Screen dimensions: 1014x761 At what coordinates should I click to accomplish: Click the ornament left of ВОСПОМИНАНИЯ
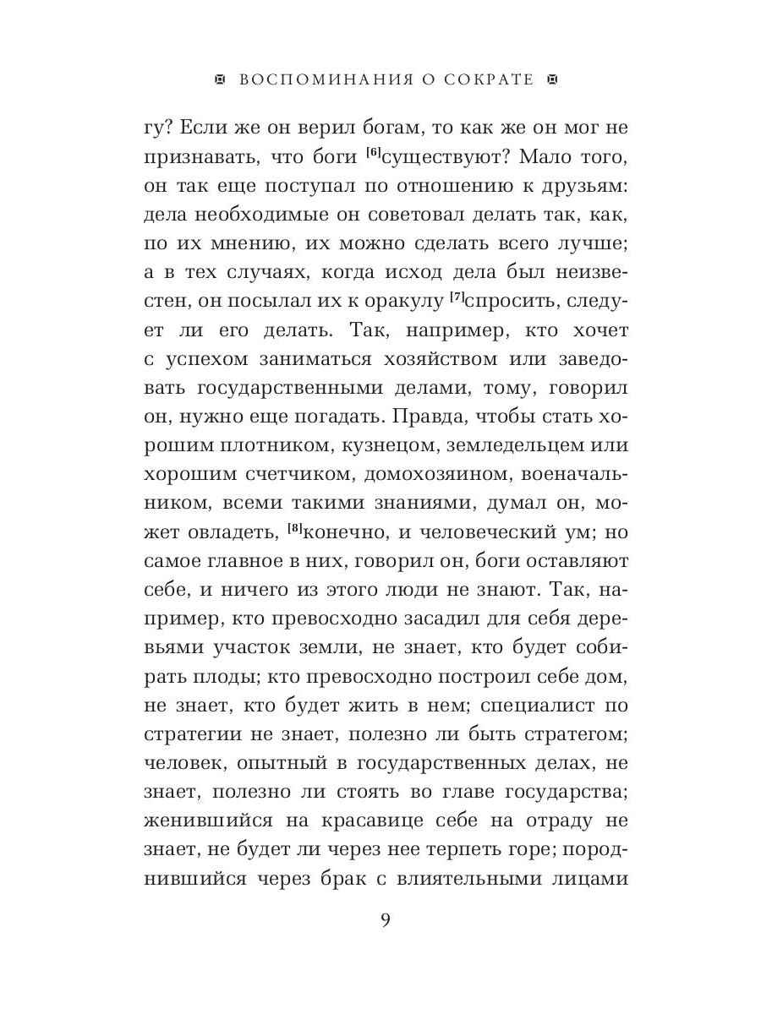click(222, 80)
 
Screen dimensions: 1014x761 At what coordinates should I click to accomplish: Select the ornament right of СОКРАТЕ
click(554, 80)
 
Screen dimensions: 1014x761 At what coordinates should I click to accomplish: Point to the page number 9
click(386, 920)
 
